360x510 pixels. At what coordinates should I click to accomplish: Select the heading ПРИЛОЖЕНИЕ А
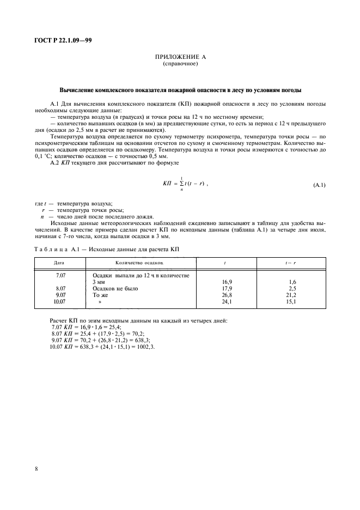tap(180, 57)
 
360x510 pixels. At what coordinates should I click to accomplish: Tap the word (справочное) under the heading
tap(180, 64)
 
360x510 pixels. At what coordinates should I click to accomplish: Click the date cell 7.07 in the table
tap(61, 276)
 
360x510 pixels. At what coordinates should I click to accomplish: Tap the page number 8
tap(36, 467)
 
